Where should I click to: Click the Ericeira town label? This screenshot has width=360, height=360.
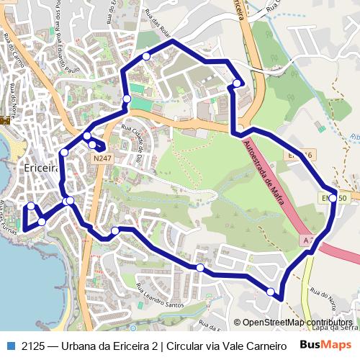(x=40, y=167)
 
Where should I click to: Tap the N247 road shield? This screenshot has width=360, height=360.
(x=102, y=156)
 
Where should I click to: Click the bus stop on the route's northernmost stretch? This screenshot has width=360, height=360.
(x=146, y=55)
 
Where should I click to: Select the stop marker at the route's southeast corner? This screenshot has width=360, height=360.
(x=271, y=292)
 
